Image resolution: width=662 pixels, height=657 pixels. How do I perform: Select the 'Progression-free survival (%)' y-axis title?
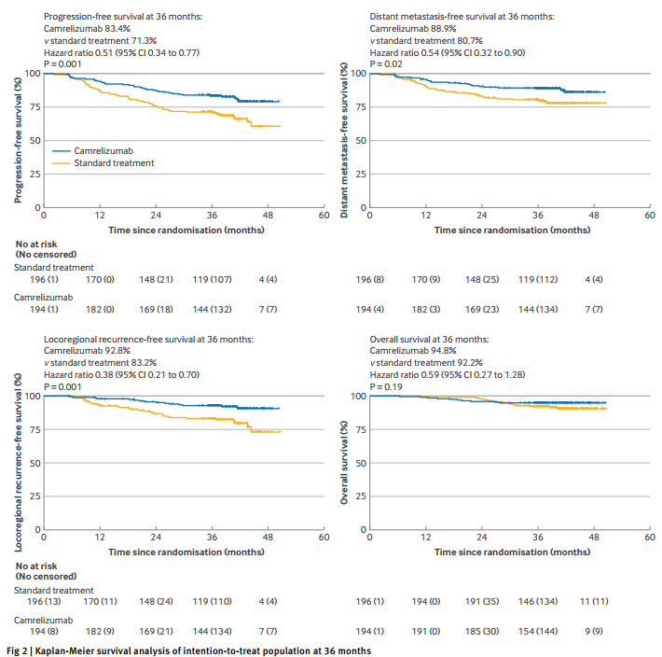(19, 139)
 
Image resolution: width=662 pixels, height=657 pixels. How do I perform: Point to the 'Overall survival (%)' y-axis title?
(345, 462)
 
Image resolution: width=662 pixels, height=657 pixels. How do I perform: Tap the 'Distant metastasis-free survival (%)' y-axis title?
(345, 139)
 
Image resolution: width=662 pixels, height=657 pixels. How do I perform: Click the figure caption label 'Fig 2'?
(18, 650)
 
